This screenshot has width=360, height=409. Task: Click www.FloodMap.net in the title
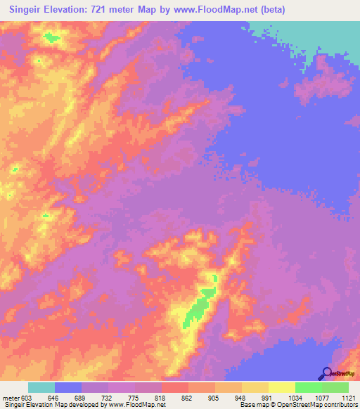point(237,10)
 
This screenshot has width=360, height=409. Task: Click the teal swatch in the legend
point(41,387)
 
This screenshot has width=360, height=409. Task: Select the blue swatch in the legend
point(68,387)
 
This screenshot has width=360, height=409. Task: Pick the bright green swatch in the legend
point(309,387)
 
